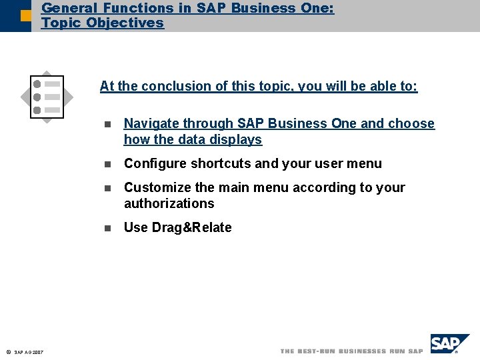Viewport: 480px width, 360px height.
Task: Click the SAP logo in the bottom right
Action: pos(449,344)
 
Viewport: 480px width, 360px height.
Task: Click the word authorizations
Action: pos(169,203)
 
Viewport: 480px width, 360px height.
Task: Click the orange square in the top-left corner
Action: pos(25,15)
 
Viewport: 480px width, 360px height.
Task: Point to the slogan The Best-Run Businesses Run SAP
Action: pos(351,351)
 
